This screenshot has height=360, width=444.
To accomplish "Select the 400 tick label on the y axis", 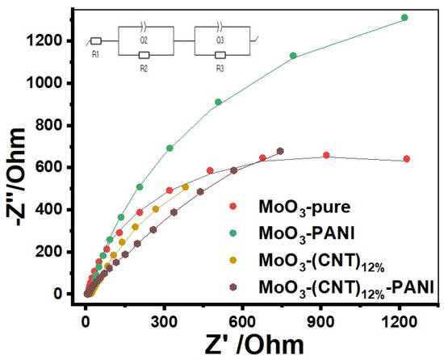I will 56,210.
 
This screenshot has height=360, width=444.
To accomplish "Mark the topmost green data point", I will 427,17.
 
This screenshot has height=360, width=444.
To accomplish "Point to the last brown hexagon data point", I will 280,151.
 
